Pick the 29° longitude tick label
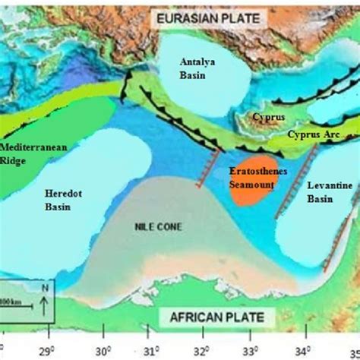(50, 351)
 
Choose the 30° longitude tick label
(102, 351)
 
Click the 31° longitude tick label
(151, 351)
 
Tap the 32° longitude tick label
(202, 351)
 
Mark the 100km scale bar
(15, 305)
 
